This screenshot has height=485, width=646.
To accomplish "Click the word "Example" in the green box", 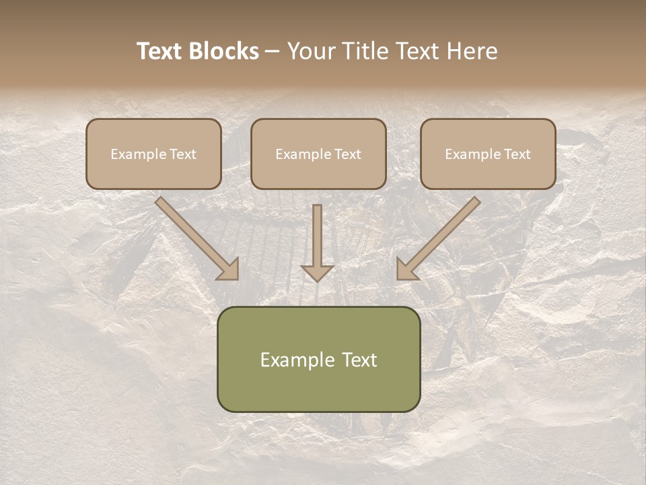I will click(296, 360).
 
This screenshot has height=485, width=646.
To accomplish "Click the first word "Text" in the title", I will click(161, 51).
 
